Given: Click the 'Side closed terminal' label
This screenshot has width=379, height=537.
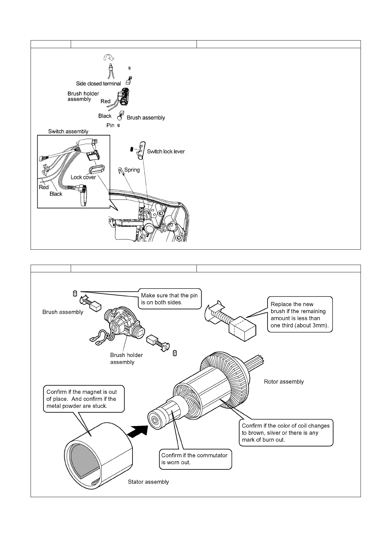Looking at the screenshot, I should (98, 84).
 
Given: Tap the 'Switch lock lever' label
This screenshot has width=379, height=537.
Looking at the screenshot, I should (166, 151).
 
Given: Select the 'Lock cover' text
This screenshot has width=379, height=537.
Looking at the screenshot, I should (83, 177).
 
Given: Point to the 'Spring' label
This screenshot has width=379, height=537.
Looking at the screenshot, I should (132, 170).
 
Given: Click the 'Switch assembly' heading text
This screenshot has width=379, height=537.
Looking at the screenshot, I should (68, 131).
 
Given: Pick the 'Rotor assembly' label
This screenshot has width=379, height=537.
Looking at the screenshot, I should (284, 382).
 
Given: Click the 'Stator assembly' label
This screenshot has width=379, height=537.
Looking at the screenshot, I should (148, 482).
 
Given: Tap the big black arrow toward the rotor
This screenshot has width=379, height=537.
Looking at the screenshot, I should (138, 432).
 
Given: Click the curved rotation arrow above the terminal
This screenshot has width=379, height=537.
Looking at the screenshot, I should (109, 57).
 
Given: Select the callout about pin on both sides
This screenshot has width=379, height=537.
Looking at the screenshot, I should (169, 299).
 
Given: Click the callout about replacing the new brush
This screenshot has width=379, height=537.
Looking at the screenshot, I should (300, 315).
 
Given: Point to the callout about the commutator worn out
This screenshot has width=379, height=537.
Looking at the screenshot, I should (195, 459).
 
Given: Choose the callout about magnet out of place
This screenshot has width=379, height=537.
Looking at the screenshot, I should (83, 399).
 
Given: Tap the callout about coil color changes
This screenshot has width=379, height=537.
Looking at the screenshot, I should (286, 432).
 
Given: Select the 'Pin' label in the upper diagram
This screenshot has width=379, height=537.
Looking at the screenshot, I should (110, 125).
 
